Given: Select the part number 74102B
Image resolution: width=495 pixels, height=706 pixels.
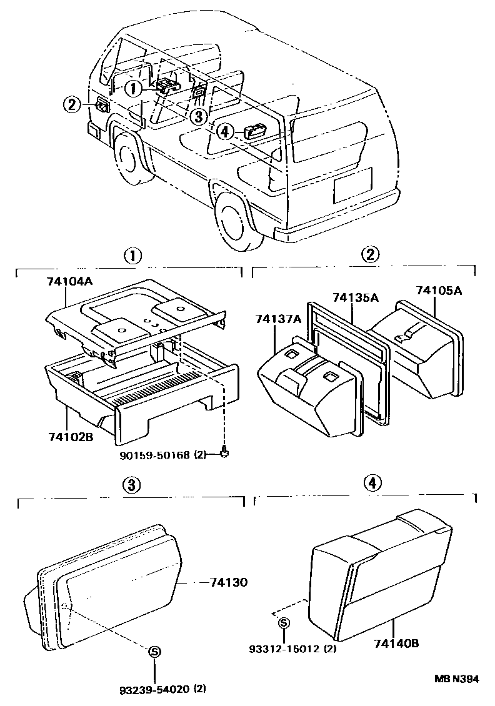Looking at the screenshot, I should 69,437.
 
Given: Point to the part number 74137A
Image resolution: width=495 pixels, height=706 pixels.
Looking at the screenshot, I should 278,319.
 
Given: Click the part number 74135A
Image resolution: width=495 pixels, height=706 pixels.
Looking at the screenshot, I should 355,297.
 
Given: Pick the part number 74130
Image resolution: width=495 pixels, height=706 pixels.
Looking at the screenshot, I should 229,582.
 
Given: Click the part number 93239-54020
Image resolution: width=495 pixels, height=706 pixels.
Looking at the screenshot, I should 153,690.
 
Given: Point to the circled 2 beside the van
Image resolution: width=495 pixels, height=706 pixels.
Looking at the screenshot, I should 72,105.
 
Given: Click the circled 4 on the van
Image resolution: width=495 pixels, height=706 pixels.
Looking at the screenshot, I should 226,132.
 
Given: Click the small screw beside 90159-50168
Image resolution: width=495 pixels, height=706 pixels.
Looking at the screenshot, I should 224,452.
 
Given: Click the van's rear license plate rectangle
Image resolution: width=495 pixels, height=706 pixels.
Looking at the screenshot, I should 352,185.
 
